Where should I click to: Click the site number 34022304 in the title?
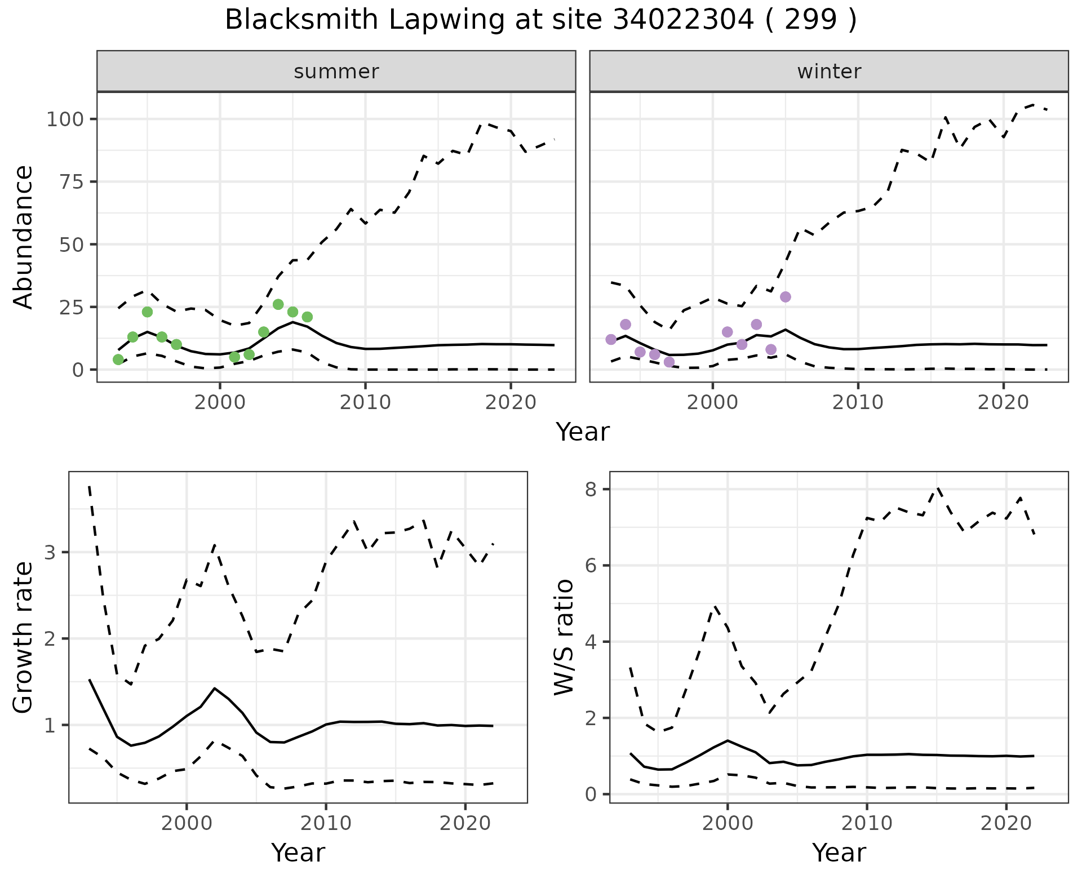pos(684,20)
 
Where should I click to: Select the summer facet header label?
pos(336,72)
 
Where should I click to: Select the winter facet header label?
pos(829,72)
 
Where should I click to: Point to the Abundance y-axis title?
pos(24,237)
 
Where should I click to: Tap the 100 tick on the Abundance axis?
pos(64,119)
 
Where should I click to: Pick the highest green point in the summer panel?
pos(278,304)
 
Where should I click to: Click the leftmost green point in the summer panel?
pos(118,359)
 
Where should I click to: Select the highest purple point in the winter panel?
pos(786,297)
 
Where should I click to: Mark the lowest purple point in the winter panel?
pos(669,362)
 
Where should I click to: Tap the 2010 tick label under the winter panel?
pos(858,402)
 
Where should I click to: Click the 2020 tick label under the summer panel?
pos(510,402)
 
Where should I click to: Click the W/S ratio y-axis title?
pos(564,637)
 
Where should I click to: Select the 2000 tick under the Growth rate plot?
pos(187,823)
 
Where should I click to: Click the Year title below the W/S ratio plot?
pos(839,853)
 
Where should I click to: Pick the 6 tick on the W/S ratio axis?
pos(591,566)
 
